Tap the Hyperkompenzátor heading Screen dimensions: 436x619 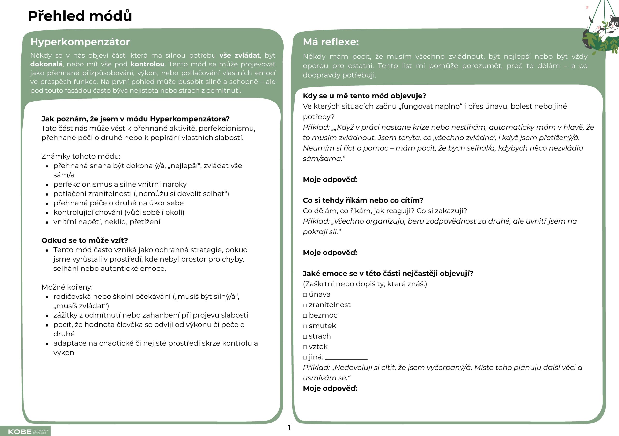point(80,42)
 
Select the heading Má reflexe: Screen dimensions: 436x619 point(331,42)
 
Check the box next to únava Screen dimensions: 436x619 point(305,295)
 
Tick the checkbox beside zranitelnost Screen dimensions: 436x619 point(305,305)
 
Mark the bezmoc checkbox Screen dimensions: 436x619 point(305,316)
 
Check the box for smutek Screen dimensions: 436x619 point(305,326)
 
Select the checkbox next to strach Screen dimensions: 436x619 point(305,337)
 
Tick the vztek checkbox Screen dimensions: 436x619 point(305,347)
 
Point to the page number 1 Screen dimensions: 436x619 point(289,427)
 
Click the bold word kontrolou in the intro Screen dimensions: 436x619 point(147,64)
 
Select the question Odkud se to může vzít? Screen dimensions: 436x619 point(85,240)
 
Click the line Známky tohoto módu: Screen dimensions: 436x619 point(81,156)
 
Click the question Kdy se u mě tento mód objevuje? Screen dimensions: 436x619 point(364,96)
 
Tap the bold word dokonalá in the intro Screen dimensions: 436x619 point(46,64)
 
